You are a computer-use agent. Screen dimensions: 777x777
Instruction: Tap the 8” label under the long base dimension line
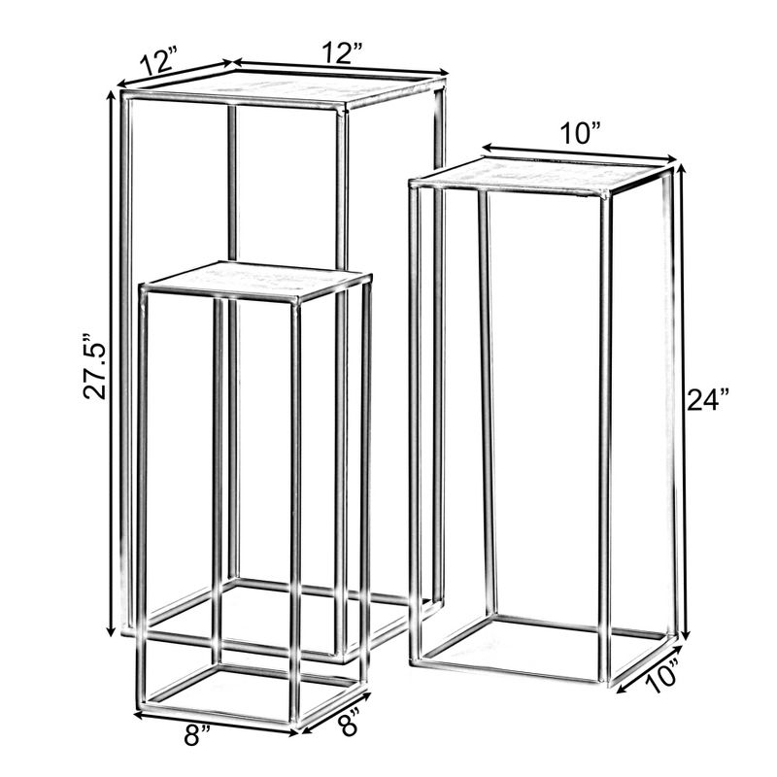point(198,735)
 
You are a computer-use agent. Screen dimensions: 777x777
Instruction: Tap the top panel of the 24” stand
point(541,175)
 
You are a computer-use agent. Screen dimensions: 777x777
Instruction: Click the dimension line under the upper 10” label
point(579,153)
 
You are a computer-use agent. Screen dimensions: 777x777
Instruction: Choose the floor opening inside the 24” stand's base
point(544,646)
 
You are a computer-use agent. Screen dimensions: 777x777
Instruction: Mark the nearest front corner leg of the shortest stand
point(294,505)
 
